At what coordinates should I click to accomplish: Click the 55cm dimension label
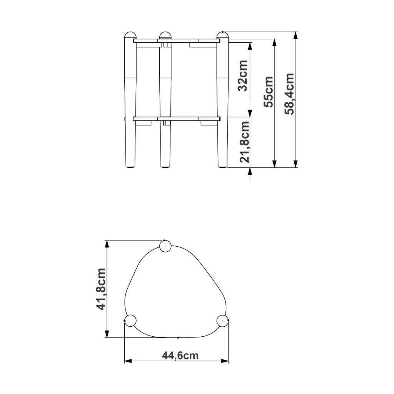(268, 92)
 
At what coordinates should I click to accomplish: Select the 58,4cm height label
(289, 94)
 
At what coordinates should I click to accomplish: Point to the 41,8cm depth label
(101, 289)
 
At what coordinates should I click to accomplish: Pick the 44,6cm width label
(180, 356)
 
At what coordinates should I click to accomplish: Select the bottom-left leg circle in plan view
(131, 321)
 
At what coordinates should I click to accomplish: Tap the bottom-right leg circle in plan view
(222, 321)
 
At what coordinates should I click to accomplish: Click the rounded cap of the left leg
(130, 35)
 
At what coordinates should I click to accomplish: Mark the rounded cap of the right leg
(222, 35)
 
